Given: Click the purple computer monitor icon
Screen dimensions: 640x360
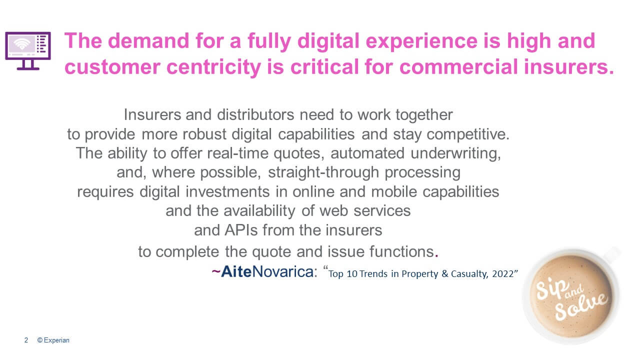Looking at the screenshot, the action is [x=27, y=50].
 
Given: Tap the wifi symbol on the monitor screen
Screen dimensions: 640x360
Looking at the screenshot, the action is [x=22, y=44].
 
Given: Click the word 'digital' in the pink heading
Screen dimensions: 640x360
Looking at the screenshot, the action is [x=328, y=41].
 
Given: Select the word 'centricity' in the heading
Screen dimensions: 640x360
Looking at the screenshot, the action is [x=213, y=67].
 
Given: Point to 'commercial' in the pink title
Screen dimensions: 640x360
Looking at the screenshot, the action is [x=458, y=67].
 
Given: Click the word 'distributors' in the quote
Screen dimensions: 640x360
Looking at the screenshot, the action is [x=255, y=115].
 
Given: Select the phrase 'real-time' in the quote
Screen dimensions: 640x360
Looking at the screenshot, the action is [x=237, y=153].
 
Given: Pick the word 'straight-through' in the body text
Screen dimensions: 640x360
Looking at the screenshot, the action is [x=323, y=172].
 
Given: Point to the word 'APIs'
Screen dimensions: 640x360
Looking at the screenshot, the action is [x=241, y=230].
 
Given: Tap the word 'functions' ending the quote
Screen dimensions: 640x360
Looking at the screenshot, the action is [x=401, y=251].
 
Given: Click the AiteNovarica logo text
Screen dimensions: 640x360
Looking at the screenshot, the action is [x=267, y=271].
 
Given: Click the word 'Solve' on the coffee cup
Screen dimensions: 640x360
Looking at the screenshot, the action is [x=581, y=307].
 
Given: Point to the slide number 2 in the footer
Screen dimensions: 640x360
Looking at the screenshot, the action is [x=26, y=340].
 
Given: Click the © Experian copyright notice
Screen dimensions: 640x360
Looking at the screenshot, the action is [x=53, y=340].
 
